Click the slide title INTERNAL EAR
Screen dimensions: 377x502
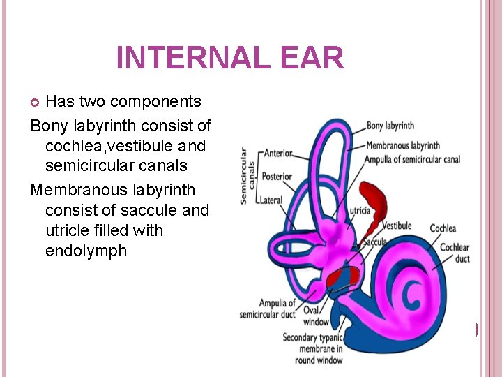(230, 57)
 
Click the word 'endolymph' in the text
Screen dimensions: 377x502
(86, 251)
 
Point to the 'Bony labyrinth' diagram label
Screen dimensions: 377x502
(390, 126)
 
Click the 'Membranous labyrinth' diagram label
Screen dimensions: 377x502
(402, 145)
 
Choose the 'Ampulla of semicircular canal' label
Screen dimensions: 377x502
(412, 159)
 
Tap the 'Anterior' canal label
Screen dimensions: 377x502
(278, 154)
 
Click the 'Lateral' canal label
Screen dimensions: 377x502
(271, 200)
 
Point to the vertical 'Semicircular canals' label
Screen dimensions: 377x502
(244, 175)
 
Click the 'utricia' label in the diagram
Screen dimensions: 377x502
(360, 209)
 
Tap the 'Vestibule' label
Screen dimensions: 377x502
(396, 226)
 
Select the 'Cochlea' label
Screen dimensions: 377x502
(443, 228)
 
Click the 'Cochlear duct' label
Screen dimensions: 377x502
(455, 253)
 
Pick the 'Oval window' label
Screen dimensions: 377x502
(316, 316)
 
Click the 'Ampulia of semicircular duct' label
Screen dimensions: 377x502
(268, 309)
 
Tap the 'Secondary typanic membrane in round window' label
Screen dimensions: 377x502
(312, 348)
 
